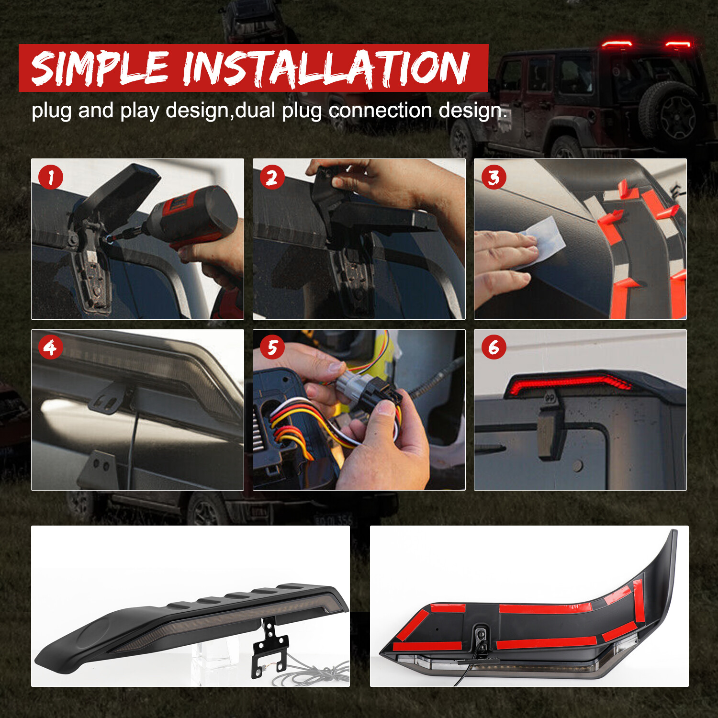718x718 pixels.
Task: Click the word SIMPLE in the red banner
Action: [x=100, y=68]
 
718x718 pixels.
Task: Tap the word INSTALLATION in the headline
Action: [x=325, y=68]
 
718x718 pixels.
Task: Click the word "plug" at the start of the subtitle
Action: [x=52, y=112]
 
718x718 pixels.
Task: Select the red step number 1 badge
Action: [x=50, y=178]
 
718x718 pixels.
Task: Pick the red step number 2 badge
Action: [x=272, y=178]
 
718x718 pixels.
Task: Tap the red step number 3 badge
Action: [x=494, y=178]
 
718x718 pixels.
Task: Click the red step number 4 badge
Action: [x=50, y=348]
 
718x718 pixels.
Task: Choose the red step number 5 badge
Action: [x=272, y=348]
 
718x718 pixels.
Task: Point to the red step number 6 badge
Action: [x=494, y=348]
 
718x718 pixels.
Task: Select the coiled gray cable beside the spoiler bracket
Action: [x=311, y=670]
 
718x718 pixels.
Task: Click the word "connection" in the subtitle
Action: [x=381, y=111]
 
